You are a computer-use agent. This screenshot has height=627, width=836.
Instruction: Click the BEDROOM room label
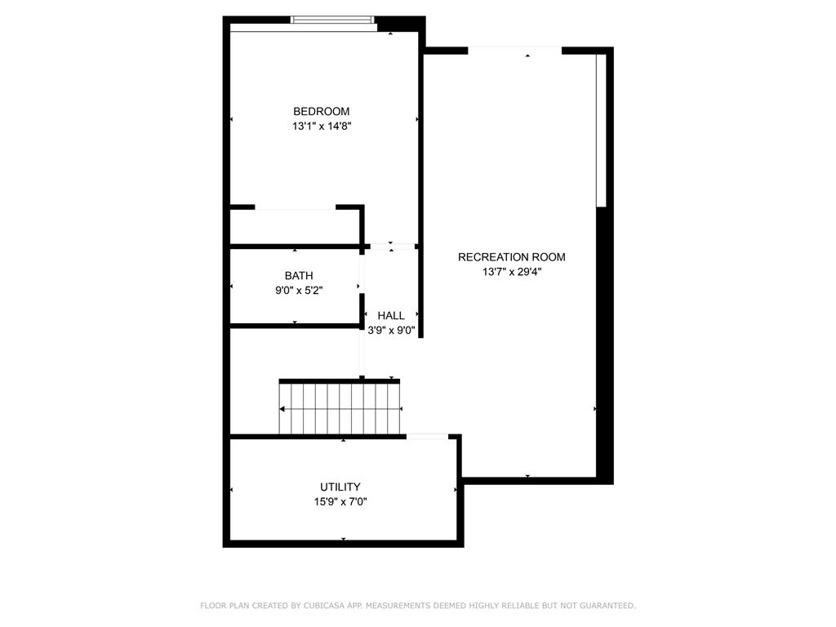322,112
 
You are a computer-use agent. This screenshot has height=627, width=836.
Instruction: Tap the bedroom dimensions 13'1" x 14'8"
322,127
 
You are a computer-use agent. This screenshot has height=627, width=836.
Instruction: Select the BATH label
299,276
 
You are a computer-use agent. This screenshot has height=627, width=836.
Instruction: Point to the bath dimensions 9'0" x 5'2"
299,290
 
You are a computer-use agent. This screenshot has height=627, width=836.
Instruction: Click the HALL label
391,316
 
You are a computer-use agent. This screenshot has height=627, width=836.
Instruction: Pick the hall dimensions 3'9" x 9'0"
391,331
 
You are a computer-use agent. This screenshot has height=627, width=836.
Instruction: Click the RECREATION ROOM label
511,257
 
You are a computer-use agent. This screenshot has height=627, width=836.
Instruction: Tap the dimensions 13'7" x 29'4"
512,272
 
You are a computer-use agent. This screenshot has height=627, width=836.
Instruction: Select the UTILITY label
340,487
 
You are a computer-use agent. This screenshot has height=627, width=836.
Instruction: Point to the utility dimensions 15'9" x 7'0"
340,502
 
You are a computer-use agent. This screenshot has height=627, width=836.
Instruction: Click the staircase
340,408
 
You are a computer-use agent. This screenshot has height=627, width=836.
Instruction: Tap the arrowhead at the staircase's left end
282,408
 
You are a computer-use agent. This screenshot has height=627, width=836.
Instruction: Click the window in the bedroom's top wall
333,20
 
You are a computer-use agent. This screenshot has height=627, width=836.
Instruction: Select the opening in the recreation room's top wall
514,51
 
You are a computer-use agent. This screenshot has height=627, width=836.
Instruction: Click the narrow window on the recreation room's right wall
601,131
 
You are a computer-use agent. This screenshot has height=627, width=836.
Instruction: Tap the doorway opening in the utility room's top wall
426,437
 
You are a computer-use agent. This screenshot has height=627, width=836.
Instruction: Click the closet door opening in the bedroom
296,209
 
